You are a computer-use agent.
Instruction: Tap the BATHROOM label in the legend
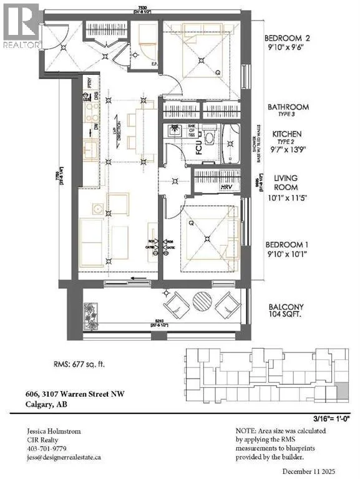click(x=288, y=107)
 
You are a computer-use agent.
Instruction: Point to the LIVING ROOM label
click(x=286, y=182)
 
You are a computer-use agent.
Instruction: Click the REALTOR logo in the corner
click(x=22, y=25)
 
